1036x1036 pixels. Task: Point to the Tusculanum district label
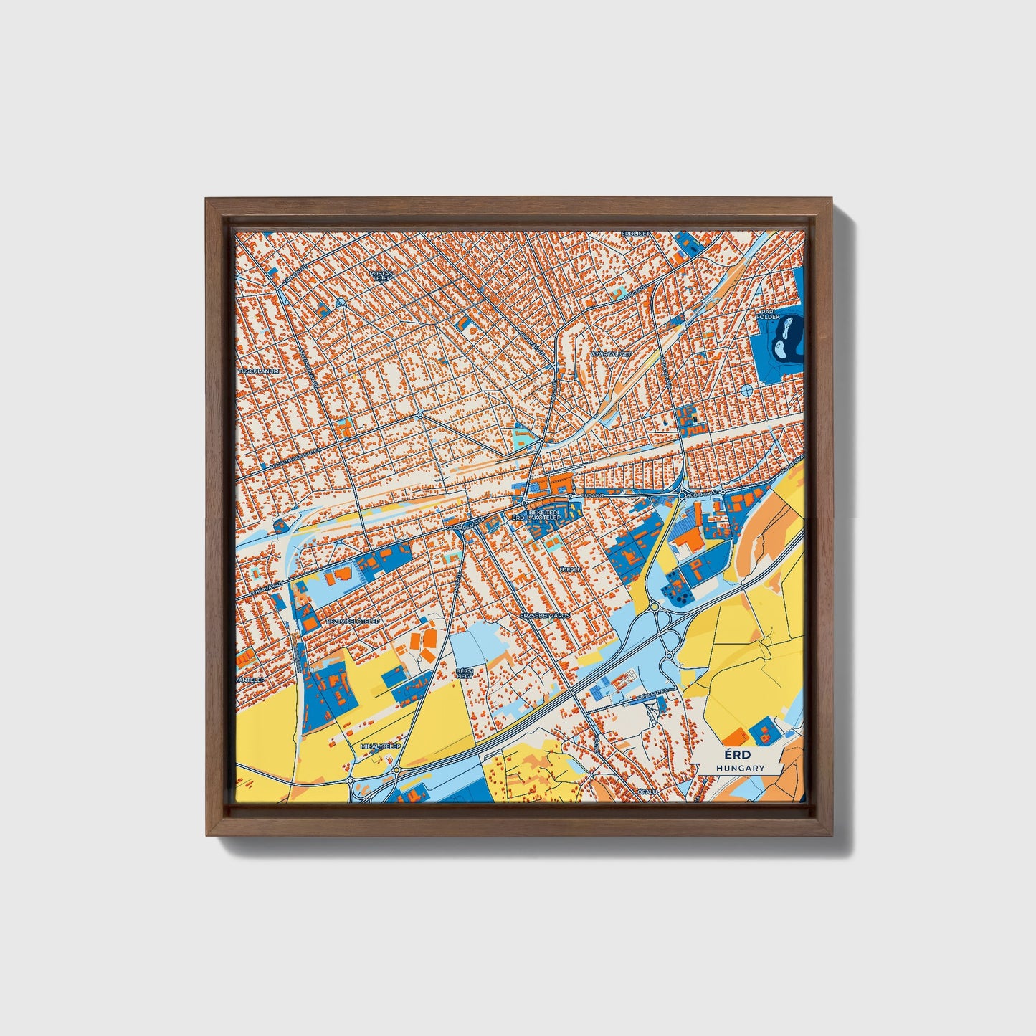pos(258,371)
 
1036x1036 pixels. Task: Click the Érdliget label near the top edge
pos(635,234)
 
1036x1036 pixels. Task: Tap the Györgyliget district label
pos(611,354)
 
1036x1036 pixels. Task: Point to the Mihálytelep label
pos(380,746)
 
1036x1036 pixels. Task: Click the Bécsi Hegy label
pos(465,673)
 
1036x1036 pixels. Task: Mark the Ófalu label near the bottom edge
pos(647,792)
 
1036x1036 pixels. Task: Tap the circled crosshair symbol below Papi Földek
pos(746,391)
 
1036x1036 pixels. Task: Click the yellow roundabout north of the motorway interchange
pos(654,607)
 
